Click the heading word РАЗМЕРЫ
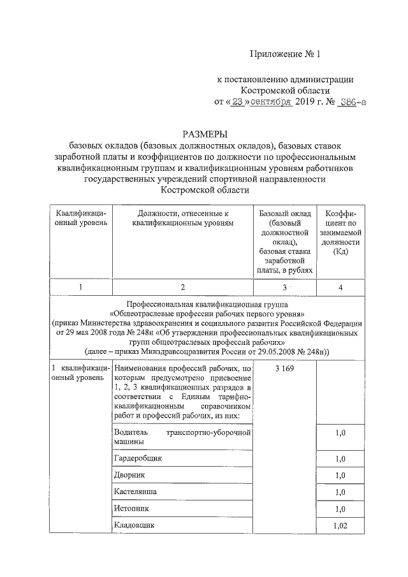click(205, 134)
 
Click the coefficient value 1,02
click(340, 525)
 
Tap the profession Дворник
click(130, 475)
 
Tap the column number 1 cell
click(80, 288)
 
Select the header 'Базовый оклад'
click(284, 213)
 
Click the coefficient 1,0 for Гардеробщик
click(340, 459)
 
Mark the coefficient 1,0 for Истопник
click(340, 509)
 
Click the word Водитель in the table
click(131, 432)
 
